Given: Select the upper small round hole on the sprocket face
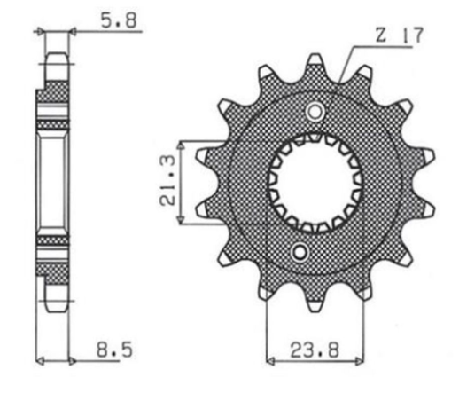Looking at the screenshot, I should (315, 111).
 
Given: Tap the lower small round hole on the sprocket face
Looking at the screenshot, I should (301, 254).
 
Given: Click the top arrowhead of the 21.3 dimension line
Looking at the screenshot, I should (181, 145).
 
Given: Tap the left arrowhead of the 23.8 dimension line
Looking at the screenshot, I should (269, 361).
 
